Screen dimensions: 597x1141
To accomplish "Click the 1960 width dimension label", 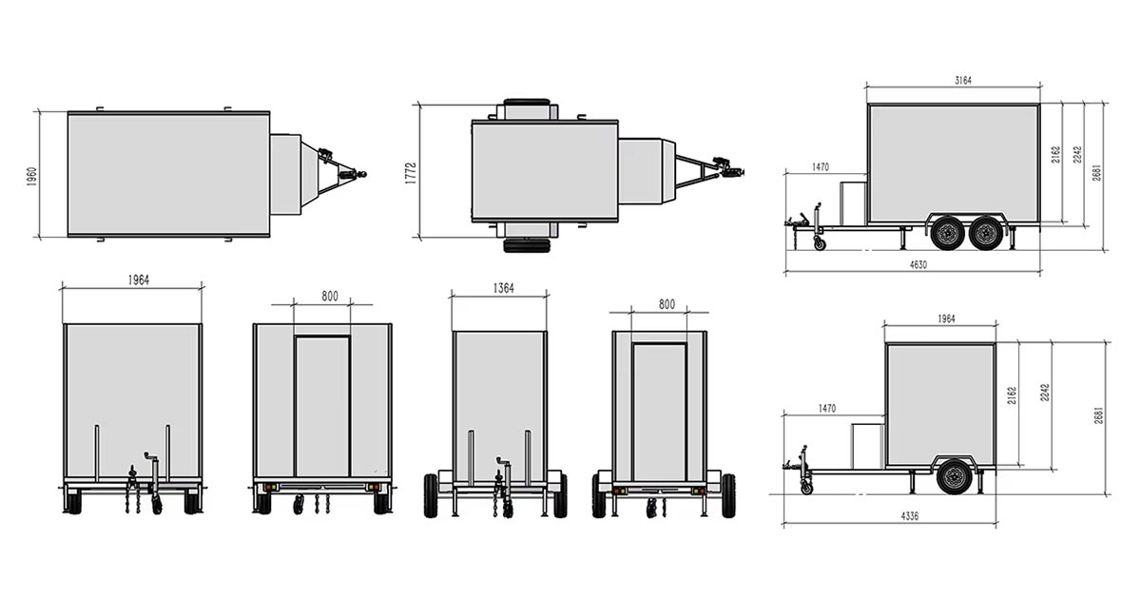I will [31, 176].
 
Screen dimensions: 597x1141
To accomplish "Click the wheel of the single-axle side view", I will [954, 476].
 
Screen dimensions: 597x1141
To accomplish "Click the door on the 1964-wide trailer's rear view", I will [322, 406].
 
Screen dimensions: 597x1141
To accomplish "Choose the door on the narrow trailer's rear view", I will [659, 412].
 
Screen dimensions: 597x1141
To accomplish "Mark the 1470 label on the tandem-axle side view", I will [821, 167].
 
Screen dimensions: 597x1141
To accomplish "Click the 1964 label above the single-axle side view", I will [946, 319].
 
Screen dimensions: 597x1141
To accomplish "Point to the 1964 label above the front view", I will [132, 280].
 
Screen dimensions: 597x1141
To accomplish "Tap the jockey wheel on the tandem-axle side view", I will [820, 245].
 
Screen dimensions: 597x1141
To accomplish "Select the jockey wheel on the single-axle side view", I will [807, 489].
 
